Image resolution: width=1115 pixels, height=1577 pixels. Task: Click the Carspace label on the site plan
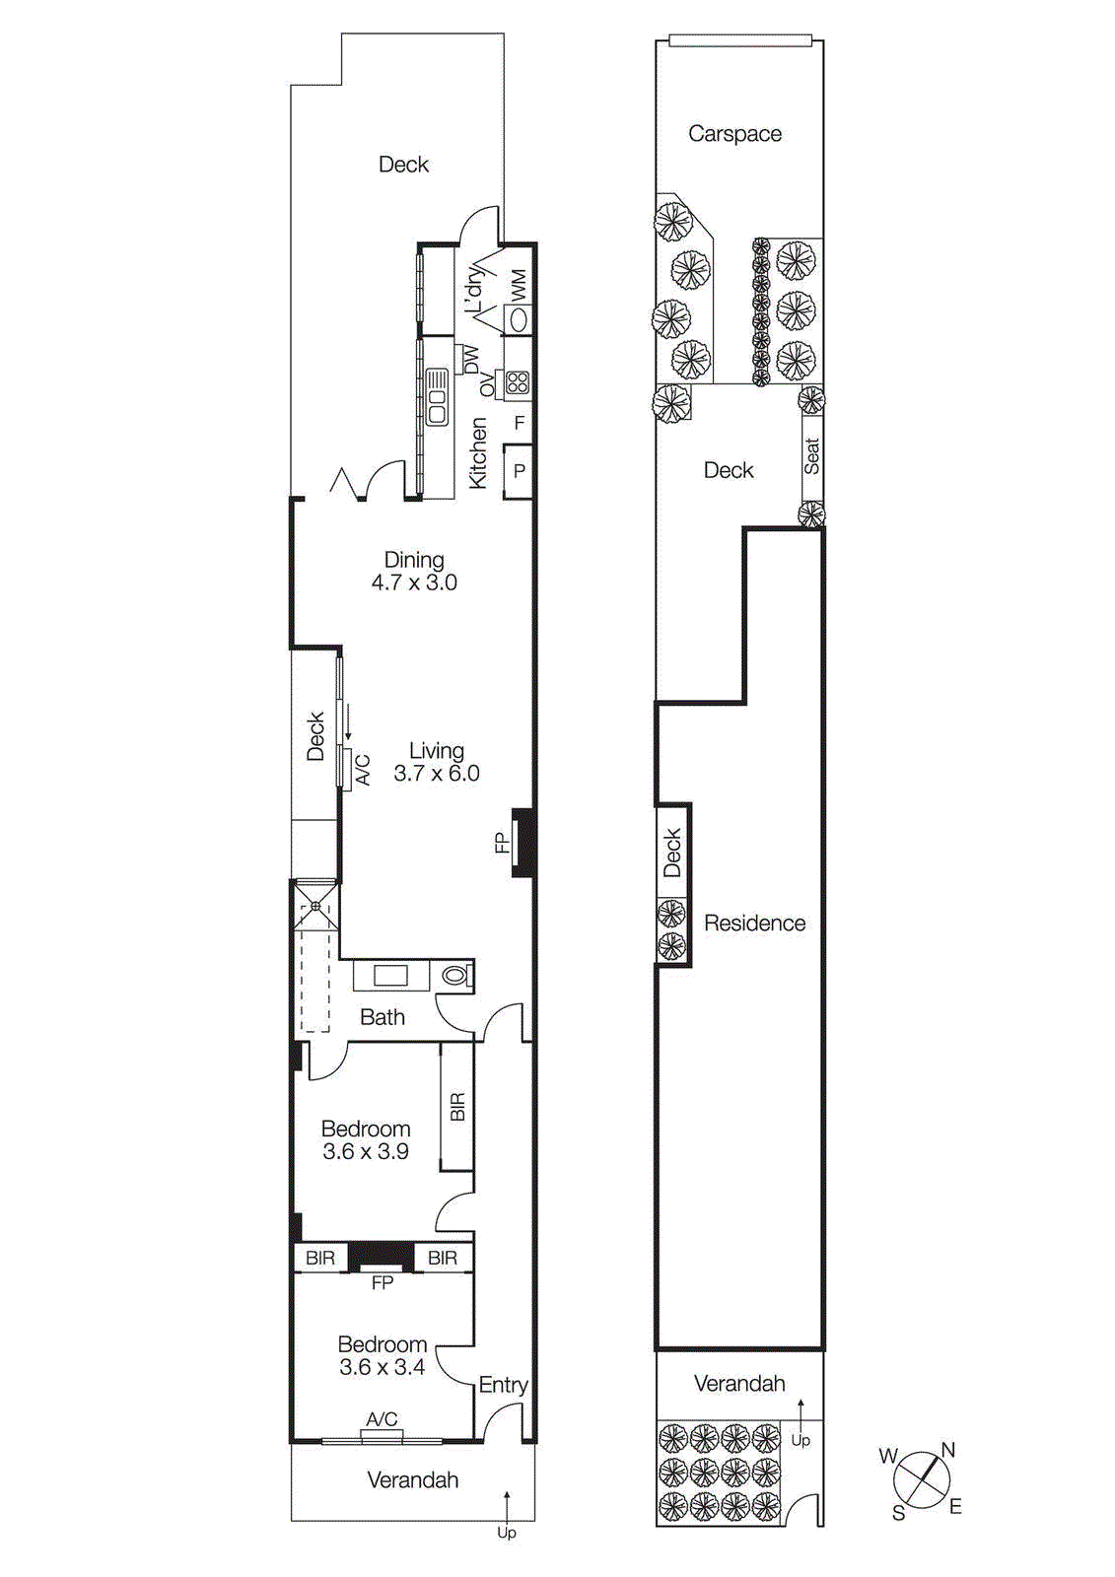coord(734,134)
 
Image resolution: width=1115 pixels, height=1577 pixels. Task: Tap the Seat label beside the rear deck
coord(811,456)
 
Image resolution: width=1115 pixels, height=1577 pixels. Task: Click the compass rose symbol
coord(922,1479)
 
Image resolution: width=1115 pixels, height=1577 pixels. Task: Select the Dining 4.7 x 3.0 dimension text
coord(414,583)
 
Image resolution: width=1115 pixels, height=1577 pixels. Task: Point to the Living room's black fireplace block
coord(524,843)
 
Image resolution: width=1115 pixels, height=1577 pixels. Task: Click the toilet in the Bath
coord(455,976)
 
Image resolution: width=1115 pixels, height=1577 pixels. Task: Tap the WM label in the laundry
coord(519,285)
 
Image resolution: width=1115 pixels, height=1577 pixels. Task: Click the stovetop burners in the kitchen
coord(518,382)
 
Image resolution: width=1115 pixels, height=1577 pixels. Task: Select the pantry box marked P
coord(519,471)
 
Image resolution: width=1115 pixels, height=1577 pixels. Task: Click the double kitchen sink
coord(436,396)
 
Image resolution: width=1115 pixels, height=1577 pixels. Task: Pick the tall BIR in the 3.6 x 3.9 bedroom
coord(456,1106)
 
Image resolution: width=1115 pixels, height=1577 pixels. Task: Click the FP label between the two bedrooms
coord(383,1282)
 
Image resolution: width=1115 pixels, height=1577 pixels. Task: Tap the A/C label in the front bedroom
coord(382,1418)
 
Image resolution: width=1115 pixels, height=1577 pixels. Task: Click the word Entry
coord(503,1385)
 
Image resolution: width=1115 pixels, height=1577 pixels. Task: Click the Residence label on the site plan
coord(754,924)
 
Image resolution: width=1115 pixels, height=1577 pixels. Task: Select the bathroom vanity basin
coord(390,976)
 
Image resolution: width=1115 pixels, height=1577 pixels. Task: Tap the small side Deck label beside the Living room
coord(315,736)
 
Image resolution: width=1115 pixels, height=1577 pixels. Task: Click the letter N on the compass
coord(947,1450)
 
